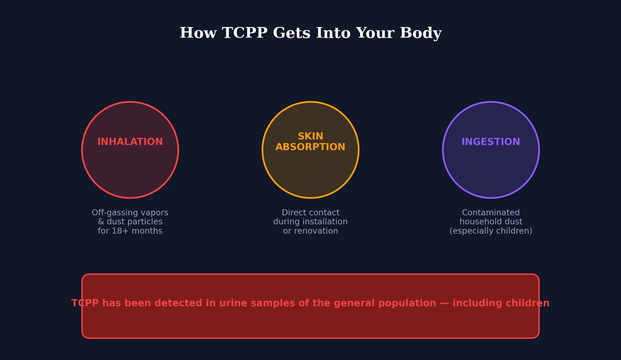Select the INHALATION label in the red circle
tap(130, 142)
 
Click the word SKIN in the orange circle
tap(310, 136)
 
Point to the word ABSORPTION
tap(310, 147)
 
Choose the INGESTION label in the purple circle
tap(491, 142)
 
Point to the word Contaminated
tap(491, 213)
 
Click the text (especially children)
tap(491, 231)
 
